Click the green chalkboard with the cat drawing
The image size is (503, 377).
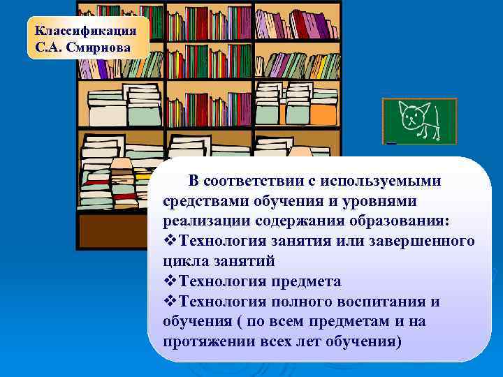[419, 121]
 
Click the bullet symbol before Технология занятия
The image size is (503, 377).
[170, 241]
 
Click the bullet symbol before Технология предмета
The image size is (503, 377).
[170, 281]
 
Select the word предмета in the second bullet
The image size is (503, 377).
[307, 281]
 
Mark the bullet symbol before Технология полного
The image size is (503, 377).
[170, 302]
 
